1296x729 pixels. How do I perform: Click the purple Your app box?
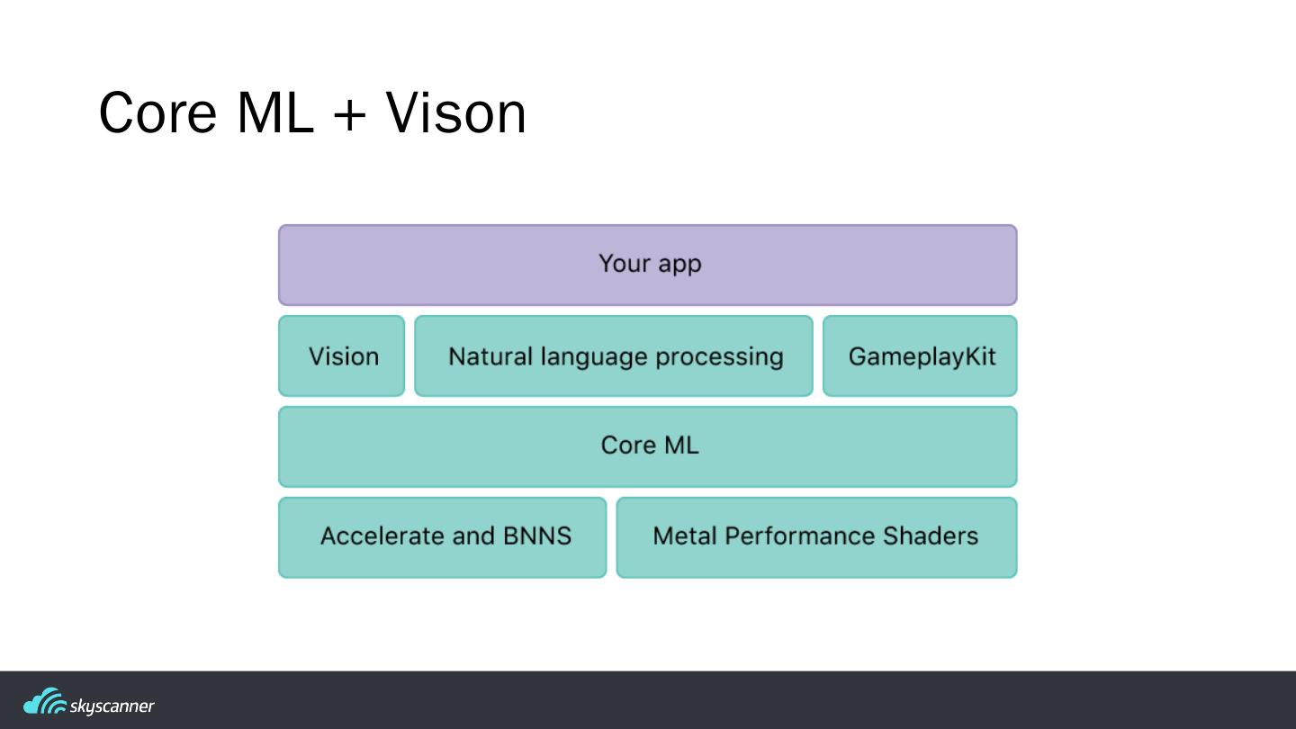point(648,265)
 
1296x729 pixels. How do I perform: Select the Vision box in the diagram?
point(342,356)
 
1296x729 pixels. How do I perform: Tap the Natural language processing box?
point(614,356)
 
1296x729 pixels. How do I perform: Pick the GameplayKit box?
point(920,356)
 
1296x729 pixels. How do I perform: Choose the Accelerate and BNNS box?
point(443,537)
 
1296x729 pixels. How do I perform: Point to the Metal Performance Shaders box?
point(816,537)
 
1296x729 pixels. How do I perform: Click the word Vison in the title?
point(455,113)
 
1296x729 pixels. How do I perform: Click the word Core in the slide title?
point(157,113)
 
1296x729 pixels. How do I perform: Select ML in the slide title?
point(275,113)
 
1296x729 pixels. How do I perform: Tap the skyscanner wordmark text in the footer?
point(112,706)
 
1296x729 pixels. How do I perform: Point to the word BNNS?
point(537,536)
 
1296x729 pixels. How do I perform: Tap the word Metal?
point(684,536)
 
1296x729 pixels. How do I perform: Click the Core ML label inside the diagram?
point(649,445)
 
